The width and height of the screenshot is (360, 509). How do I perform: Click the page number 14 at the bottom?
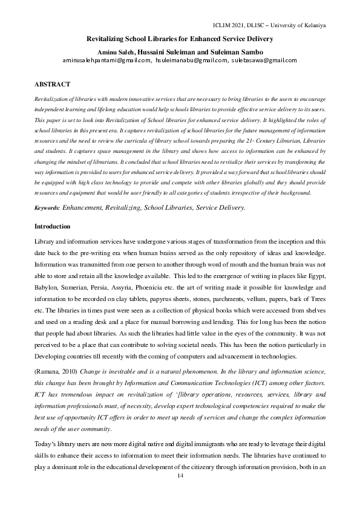[x=180, y=476]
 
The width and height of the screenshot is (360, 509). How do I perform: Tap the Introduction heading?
[x=53, y=226]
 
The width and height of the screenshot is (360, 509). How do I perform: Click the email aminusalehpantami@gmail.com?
[x=106, y=60]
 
